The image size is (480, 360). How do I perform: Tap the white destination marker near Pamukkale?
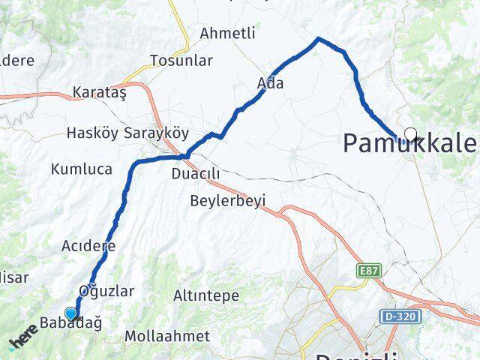click(410, 134)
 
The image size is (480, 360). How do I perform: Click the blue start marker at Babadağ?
click(71, 313)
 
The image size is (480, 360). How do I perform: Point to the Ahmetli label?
click(228, 34)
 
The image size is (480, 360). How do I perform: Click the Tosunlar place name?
click(181, 61)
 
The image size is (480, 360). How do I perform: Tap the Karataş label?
click(100, 93)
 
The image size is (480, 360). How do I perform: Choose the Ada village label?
click(270, 83)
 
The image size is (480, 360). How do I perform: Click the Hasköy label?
click(91, 133)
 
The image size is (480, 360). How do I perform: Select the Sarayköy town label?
click(152, 133)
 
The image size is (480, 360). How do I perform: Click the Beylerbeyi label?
click(227, 201)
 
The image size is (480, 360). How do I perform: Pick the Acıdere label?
click(88, 246)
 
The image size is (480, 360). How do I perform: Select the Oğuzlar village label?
click(106, 291)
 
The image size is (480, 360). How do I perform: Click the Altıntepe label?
click(206, 296)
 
